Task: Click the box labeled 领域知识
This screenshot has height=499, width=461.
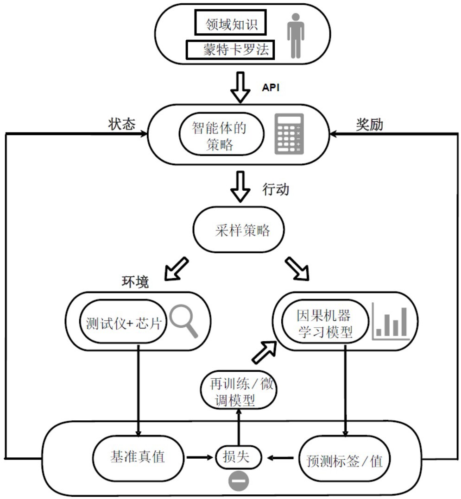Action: (230, 23)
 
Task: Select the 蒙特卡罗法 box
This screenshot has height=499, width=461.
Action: (230, 50)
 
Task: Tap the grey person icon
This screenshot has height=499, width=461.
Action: (296, 35)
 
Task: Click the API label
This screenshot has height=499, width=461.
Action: (271, 88)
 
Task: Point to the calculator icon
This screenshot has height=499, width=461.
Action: (289, 133)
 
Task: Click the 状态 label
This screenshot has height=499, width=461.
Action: (122, 124)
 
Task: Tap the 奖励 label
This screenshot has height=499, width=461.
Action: (369, 124)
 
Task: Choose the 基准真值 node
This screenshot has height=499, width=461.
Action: (137, 457)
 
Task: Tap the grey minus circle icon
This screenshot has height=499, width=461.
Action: (239, 481)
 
